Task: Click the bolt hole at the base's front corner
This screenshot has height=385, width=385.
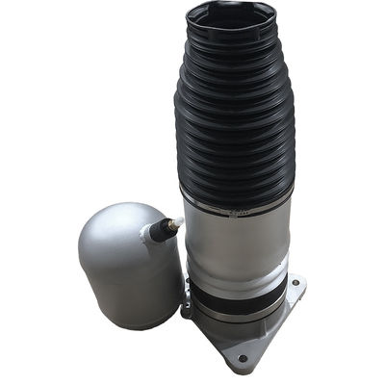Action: (x=243, y=359)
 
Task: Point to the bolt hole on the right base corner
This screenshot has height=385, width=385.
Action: (x=295, y=284)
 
